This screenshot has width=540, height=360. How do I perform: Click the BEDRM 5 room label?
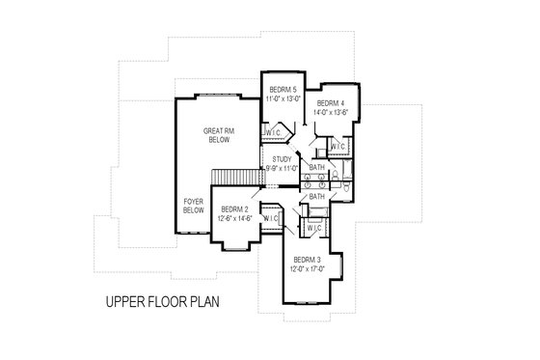point(283,89)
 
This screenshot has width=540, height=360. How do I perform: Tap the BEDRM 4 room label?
point(331,102)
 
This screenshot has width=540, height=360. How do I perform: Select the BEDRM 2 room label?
point(234,209)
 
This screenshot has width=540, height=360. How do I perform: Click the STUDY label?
point(283,159)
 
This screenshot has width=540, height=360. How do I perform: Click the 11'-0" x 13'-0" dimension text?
point(283,98)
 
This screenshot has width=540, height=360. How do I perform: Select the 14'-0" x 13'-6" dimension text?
point(331,112)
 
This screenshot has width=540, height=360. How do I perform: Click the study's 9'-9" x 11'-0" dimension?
point(283,169)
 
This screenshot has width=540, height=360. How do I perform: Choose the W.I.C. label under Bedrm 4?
point(337,147)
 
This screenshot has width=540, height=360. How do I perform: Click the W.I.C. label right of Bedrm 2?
point(270,218)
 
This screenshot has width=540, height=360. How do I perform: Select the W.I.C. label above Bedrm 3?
point(314,228)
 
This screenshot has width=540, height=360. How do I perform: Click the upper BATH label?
point(316,167)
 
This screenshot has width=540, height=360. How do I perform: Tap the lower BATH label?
point(316,197)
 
